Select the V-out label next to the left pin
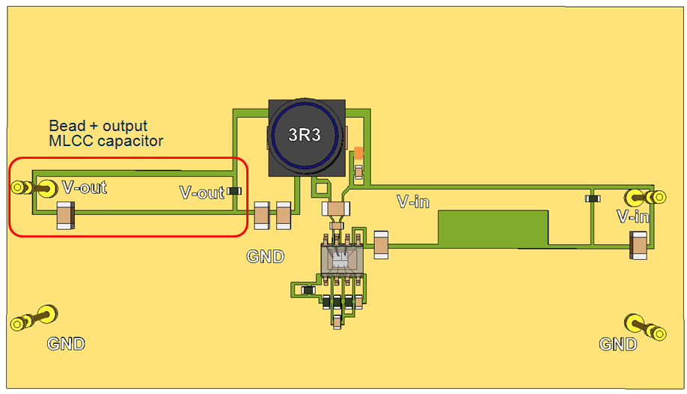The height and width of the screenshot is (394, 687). click(x=85, y=187)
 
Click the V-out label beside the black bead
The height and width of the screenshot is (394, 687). click(x=202, y=193)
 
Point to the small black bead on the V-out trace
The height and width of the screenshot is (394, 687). click(x=235, y=191)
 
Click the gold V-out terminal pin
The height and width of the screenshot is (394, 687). click(x=31, y=187)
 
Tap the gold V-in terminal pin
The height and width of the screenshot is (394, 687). click(x=645, y=198)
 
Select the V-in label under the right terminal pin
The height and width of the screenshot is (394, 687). click(x=632, y=216)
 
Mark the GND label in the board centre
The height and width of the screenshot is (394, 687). click(x=266, y=257)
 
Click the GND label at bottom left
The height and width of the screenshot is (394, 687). click(x=66, y=344)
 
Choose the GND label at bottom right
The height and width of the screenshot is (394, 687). click(x=618, y=344)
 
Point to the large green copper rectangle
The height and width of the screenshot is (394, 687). click(x=493, y=228)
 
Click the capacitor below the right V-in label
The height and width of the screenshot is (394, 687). click(x=638, y=244)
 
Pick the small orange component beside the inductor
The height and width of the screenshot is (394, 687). click(x=358, y=153)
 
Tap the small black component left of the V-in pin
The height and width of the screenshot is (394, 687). click(x=593, y=198)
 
